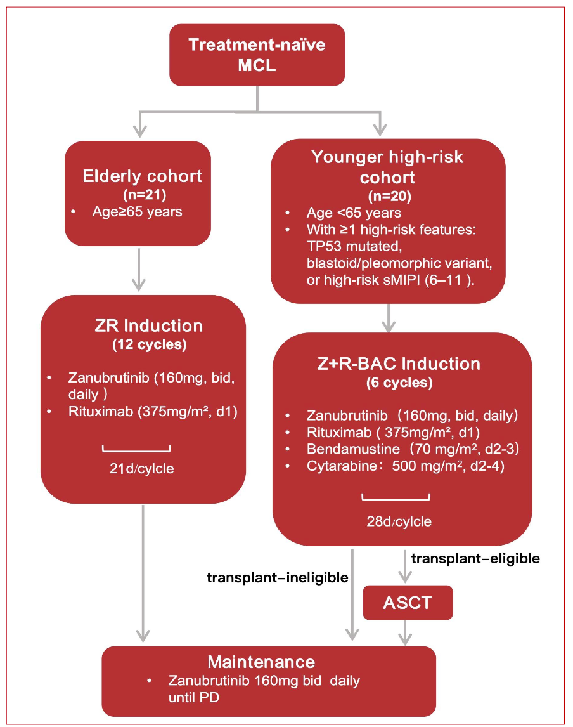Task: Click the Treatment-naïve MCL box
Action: click(256, 55)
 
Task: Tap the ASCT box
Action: click(408, 602)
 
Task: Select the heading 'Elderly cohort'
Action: click(138, 176)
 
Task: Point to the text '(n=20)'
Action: click(387, 195)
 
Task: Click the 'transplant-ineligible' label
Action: click(278, 578)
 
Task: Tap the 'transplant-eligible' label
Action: click(475, 559)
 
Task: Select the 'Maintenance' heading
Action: click(261, 662)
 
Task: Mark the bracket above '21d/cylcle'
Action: click(136, 450)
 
